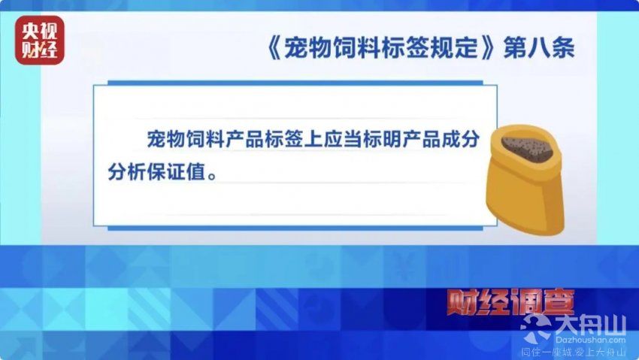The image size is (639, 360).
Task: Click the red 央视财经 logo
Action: (40, 41)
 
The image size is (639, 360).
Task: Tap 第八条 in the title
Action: (539, 48)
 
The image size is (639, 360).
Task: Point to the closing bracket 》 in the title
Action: (489, 48)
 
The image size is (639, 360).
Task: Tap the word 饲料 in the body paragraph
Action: (206, 140)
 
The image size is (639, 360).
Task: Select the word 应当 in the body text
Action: (343, 140)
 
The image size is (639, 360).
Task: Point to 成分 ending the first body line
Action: (461, 140)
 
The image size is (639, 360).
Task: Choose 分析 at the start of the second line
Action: (127, 172)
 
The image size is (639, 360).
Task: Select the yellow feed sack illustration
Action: (525, 179)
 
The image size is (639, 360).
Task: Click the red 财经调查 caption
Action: (510, 302)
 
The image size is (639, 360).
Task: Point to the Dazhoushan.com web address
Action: (590, 340)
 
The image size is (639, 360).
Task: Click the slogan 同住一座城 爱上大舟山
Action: (574, 352)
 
